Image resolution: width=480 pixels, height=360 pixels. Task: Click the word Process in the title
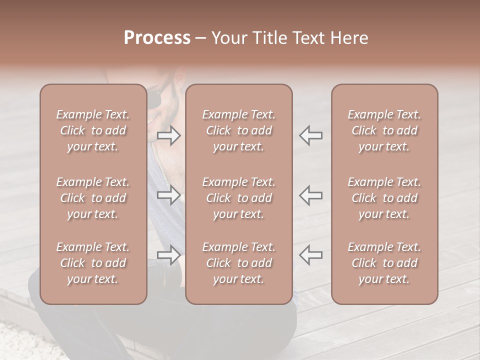coord(157,38)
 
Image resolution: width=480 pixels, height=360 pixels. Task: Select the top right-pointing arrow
coord(169,135)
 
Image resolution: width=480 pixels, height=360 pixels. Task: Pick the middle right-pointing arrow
coord(169,195)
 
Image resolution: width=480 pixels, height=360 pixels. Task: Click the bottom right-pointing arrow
coord(169,255)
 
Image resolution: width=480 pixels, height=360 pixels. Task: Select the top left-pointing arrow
coord(310,135)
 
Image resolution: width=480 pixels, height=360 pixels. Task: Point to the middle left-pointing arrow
coord(310,195)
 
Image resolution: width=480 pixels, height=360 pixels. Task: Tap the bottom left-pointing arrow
coord(310,255)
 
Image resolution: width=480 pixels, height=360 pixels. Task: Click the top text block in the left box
coord(93,130)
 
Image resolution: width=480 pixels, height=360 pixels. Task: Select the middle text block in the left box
coord(93,198)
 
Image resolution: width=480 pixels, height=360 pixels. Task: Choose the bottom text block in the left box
coord(93,263)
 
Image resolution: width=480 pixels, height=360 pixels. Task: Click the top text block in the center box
coord(238,130)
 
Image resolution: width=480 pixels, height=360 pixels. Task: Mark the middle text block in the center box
coord(238,198)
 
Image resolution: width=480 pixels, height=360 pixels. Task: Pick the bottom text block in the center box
coord(238,263)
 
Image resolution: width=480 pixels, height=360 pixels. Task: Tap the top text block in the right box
coord(384,130)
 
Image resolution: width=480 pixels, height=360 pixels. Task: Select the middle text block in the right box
coord(384,198)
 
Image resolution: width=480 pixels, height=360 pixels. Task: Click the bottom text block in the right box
coord(384,263)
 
